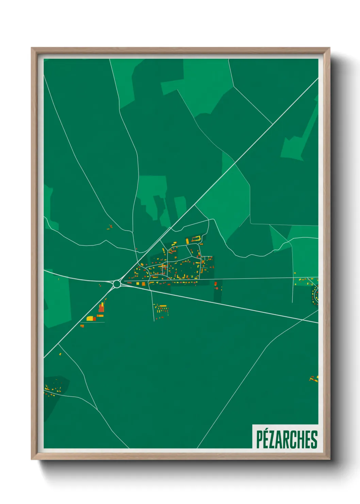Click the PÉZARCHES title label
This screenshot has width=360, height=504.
pyautogui.click(x=286, y=439)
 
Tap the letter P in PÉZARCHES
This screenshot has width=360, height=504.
pyautogui.click(x=259, y=439)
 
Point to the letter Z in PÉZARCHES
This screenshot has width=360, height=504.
pyautogui.click(x=272, y=439)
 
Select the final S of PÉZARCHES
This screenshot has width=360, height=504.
pyautogui.click(x=314, y=439)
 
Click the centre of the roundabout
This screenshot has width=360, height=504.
pyautogui.click(x=117, y=284)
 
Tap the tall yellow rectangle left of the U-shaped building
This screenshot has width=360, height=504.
pyautogui.click(x=187, y=241)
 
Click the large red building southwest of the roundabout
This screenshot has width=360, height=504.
pyautogui.click(x=101, y=308)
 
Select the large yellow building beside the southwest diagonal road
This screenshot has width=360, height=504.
pyautogui.click(x=90, y=319)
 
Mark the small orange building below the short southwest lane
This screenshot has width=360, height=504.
pyautogui.click(x=82, y=326)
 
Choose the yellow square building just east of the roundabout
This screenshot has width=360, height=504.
pyautogui.click(x=138, y=283)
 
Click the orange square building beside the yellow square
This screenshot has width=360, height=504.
pyautogui.click(x=143, y=283)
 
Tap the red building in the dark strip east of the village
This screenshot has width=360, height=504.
pyautogui.click(x=216, y=288)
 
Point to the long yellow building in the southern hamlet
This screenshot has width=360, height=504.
pyautogui.click(x=163, y=306)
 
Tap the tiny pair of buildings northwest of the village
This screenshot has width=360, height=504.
pyautogui.click(x=110, y=226)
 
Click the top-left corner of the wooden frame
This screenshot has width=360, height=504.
pyautogui.click(x=32, y=48)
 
